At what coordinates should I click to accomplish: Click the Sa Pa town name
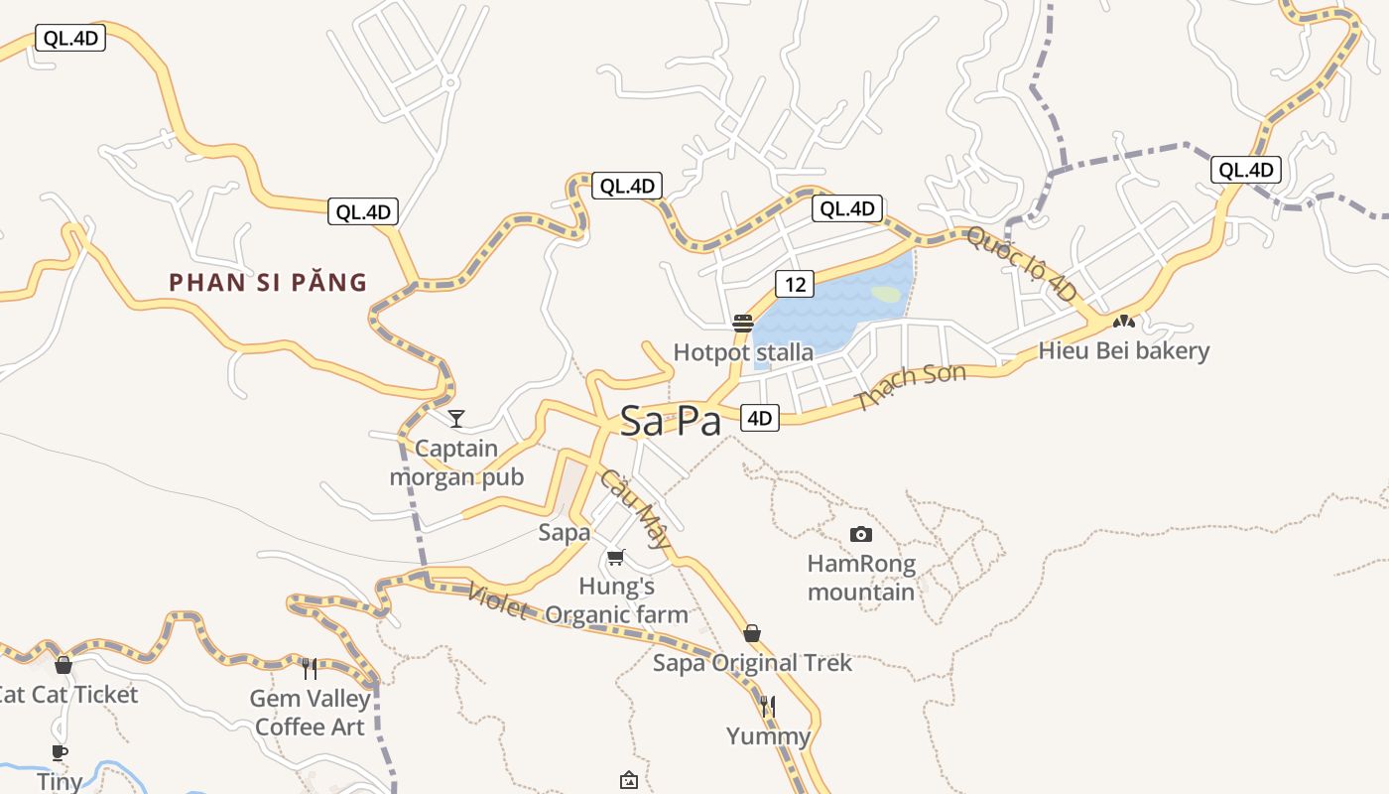point(671,421)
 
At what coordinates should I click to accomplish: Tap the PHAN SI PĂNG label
point(268,282)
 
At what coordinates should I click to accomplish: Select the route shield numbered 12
point(795,285)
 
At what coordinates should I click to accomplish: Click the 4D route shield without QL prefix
point(759,418)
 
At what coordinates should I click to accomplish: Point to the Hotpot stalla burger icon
point(743,323)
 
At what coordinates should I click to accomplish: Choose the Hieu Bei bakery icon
point(1123,322)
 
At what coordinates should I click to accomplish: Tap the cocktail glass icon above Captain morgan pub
point(455,418)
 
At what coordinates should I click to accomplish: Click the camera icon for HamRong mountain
point(861,534)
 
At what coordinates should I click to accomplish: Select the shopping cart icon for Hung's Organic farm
point(616,558)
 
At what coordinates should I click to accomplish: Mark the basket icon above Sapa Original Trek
point(752,633)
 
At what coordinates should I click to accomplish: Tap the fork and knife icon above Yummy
point(768,707)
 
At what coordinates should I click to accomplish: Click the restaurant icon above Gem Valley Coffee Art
point(310,669)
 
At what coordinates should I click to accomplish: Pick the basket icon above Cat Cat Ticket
point(63,665)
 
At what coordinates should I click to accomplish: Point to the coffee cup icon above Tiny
point(60,752)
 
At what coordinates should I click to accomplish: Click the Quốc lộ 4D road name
point(1021,264)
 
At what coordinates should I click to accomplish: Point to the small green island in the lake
point(886,294)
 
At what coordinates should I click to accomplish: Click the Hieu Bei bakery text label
point(1123,350)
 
